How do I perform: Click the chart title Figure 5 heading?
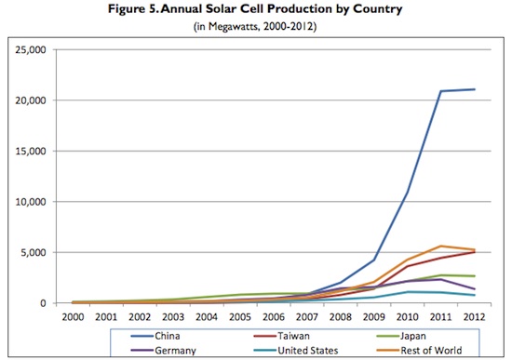[x=255, y=8]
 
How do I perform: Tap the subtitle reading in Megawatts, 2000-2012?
[x=255, y=26]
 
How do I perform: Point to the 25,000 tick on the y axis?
[x=31, y=50]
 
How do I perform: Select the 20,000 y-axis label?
[x=31, y=100]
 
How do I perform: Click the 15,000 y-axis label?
[x=31, y=152]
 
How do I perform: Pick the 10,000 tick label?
[x=31, y=202]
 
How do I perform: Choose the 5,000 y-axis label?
[x=34, y=253]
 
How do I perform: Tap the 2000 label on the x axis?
[x=73, y=317]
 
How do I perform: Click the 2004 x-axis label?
[x=207, y=317]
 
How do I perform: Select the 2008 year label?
[x=340, y=317]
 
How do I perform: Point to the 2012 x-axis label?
[x=474, y=317]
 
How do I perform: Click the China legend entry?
[x=155, y=336]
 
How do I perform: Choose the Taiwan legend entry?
[x=281, y=336]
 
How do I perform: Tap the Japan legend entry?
[x=401, y=336]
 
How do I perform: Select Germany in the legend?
[x=163, y=350]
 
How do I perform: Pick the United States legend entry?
[x=296, y=350]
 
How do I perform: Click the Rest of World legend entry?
[x=419, y=350]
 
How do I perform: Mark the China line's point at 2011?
[x=441, y=91]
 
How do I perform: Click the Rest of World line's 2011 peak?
[x=441, y=247]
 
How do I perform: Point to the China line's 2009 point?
[x=374, y=260]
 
